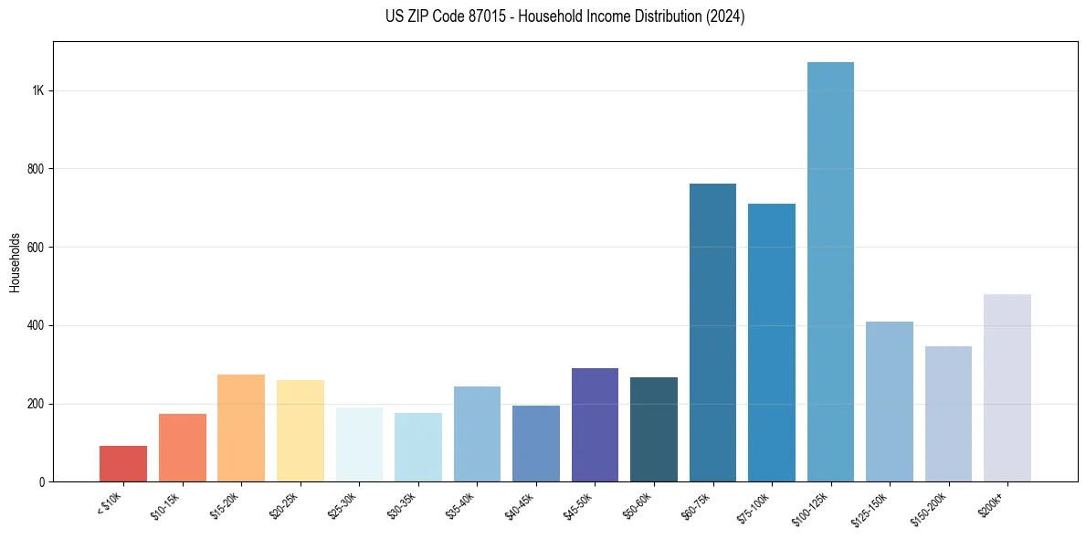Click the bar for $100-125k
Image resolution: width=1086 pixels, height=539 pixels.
click(x=830, y=274)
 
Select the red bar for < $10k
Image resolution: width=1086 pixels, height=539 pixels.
click(x=123, y=464)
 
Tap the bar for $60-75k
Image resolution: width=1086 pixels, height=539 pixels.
click(x=712, y=333)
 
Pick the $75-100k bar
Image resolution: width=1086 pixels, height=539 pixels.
click(x=772, y=343)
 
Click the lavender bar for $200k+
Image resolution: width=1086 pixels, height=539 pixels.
click(x=1007, y=388)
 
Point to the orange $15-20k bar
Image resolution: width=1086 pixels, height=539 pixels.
click(x=241, y=428)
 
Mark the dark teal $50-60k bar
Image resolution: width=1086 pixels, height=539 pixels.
click(x=654, y=429)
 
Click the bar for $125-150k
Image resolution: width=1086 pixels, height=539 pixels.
click(x=890, y=402)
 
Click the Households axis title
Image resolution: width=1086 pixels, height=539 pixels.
click(x=15, y=261)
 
